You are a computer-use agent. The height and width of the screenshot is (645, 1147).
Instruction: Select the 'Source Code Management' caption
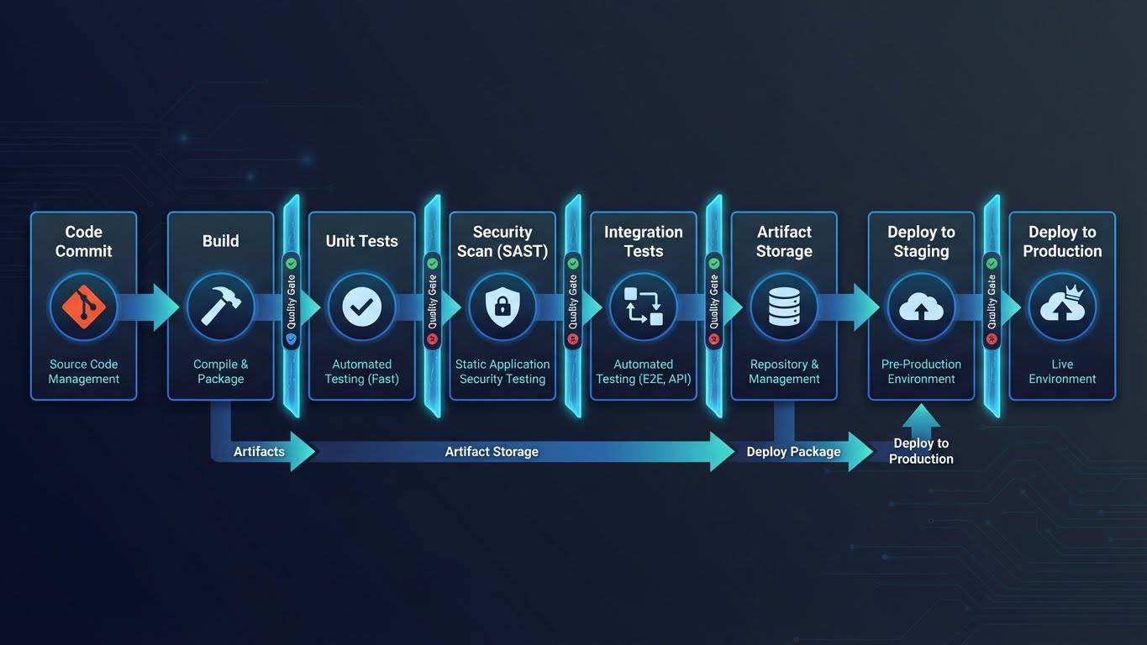(83, 371)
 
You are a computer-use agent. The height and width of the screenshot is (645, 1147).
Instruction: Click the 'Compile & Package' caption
(220, 371)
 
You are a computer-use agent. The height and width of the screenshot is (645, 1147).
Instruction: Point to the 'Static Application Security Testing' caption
(502, 371)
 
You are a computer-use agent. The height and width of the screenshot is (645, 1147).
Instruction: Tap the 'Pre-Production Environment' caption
(921, 371)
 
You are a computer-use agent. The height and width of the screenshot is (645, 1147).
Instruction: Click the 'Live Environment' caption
(1062, 371)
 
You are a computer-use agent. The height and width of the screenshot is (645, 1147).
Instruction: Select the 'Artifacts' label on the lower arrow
(259, 452)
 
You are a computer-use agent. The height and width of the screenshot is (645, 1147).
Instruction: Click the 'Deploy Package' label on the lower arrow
(793, 452)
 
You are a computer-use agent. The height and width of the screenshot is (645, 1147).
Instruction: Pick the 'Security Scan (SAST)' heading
(502, 241)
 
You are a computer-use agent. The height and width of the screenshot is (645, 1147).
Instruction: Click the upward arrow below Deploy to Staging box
(921, 417)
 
